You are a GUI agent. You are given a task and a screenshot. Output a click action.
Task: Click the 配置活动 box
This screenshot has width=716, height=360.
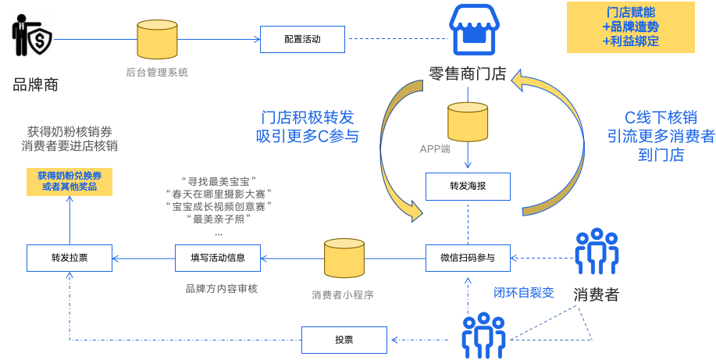tap(303, 38)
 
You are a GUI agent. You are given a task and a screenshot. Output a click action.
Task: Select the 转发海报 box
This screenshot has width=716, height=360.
tap(468, 187)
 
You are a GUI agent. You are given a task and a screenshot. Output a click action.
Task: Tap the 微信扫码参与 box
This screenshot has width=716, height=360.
tap(468, 258)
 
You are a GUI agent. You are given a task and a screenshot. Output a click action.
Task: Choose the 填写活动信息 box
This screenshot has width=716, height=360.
tap(218, 258)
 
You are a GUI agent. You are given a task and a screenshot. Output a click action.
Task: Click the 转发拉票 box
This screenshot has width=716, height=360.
tap(69, 258)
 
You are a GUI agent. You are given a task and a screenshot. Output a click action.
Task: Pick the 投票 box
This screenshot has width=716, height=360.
tap(344, 340)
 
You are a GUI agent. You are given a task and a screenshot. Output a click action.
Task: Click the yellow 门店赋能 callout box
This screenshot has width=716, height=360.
tap(630, 27)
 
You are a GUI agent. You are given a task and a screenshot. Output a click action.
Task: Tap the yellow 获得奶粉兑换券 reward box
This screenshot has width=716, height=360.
tap(69, 181)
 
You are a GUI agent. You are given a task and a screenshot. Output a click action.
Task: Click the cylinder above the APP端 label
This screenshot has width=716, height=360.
tap(468, 121)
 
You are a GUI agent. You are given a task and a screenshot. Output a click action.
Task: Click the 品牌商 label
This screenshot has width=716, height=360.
tap(35, 84)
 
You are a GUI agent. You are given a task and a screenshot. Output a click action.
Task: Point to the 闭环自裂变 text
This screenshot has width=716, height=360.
tap(523, 293)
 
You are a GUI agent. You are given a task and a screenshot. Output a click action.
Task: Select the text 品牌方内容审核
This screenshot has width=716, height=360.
tap(221, 288)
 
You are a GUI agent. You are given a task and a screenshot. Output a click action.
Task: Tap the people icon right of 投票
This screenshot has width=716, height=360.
tap(483, 336)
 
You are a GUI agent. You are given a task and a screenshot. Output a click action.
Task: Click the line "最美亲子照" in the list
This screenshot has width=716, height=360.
tap(218, 219)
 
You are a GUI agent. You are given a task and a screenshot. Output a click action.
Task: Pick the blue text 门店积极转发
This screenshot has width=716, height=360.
tap(307, 117)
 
